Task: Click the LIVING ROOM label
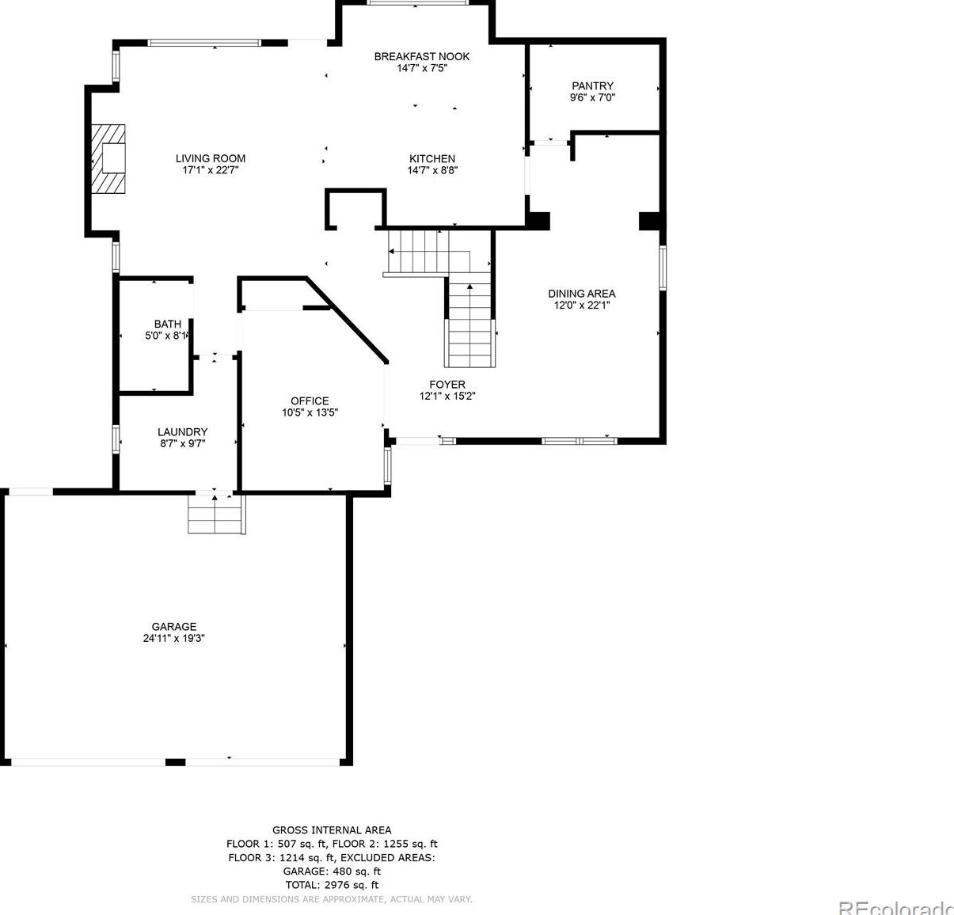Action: (211, 158)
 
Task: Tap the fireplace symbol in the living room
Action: (108, 158)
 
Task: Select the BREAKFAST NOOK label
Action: (422, 56)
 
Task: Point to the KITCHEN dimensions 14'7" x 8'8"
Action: (432, 170)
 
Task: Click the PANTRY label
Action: (592, 85)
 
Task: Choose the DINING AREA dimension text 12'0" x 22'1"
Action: (582, 306)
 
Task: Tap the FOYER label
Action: (447, 385)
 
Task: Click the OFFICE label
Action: (310, 401)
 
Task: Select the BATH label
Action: (167, 324)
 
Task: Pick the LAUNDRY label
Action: (182, 431)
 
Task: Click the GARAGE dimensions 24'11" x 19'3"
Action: (174, 638)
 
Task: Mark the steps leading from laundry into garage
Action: (216, 514)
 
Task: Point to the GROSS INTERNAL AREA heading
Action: (332, 830)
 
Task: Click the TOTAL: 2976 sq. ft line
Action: (332, 885)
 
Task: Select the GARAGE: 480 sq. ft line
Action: (332, 871)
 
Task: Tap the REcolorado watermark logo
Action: (895, 907)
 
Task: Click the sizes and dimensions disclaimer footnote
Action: (332, 899)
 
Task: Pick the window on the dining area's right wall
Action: (663, 268)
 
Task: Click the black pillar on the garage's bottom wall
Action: (175, 762)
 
